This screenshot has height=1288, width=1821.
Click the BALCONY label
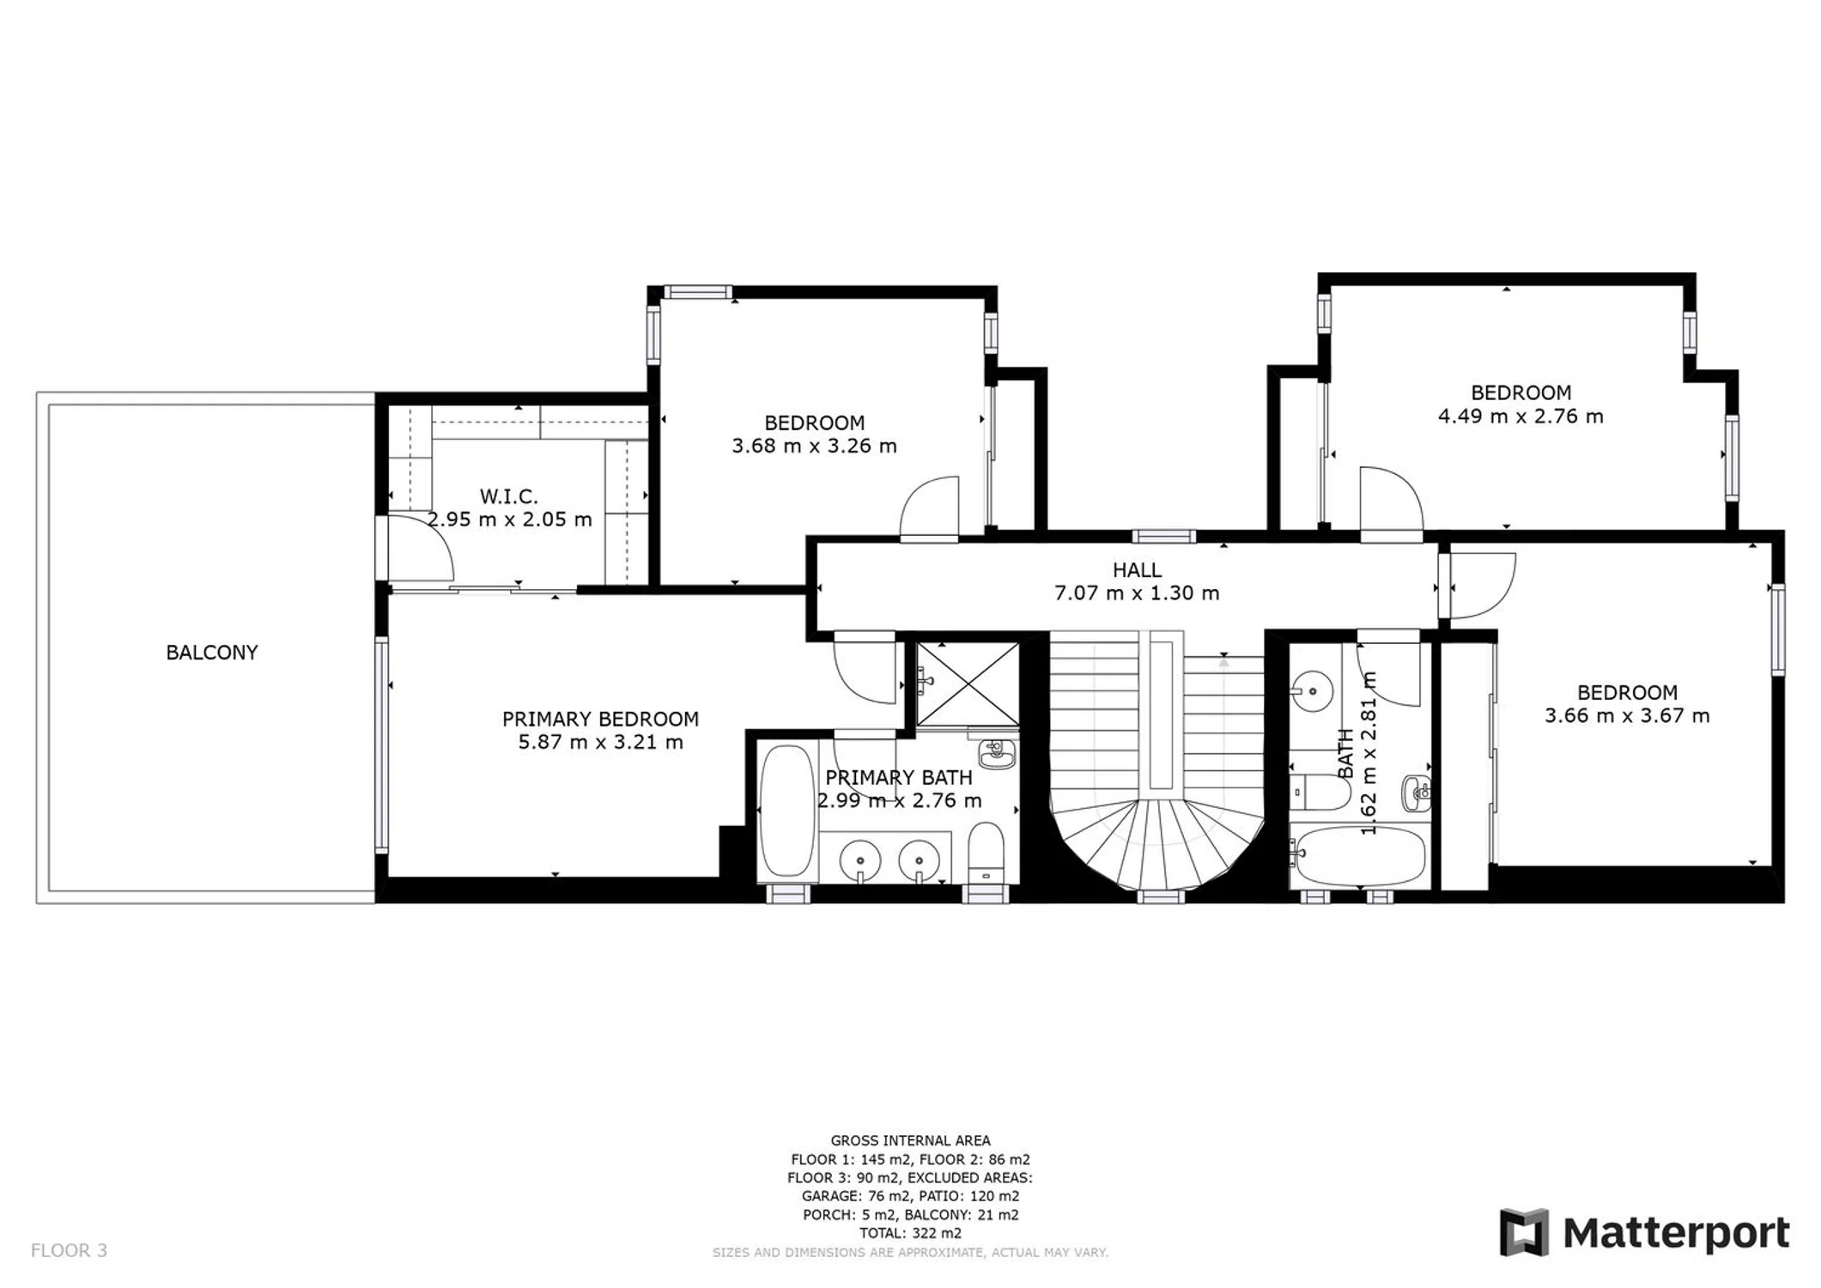pyautogui.click(x=211, y=653)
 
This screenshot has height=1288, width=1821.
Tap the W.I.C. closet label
pyautogui.click(x=508, y=496)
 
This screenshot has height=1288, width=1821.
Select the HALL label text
pyautogui.click(x=1137, y=570)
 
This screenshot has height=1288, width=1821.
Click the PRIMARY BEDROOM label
pyautogui.click(x=600, y=719)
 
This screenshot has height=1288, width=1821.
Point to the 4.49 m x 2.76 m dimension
pyautogui.click(x=1521, y=416)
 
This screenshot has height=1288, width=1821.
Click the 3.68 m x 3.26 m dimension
pyautogui.click(x=814, y=447)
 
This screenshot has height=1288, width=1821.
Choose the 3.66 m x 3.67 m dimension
pyautogui.click(x=1627, y=716)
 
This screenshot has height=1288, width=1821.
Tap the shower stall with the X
pyautogui.click(x=968, y=684)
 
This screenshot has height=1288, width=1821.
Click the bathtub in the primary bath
pyautogui.click(x=786, y=811)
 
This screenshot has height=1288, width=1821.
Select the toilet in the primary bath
pyautogui.click(x=986, y=852)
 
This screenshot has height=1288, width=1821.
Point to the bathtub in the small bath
pyautogui.click(x=1359, y=856)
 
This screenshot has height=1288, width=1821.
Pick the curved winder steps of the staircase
pyautogui.click(x=1159, y=846)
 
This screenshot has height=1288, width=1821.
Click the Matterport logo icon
pyautogui.click(x=1524, y=1232)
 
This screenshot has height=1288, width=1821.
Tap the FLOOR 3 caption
pyautogui.click(x=69, y=1250)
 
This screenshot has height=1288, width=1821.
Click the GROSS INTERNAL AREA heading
pyautogui.click(x=910, y=1140)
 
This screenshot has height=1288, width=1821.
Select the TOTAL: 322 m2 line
pyautogui.click(x=910, y=1233)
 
